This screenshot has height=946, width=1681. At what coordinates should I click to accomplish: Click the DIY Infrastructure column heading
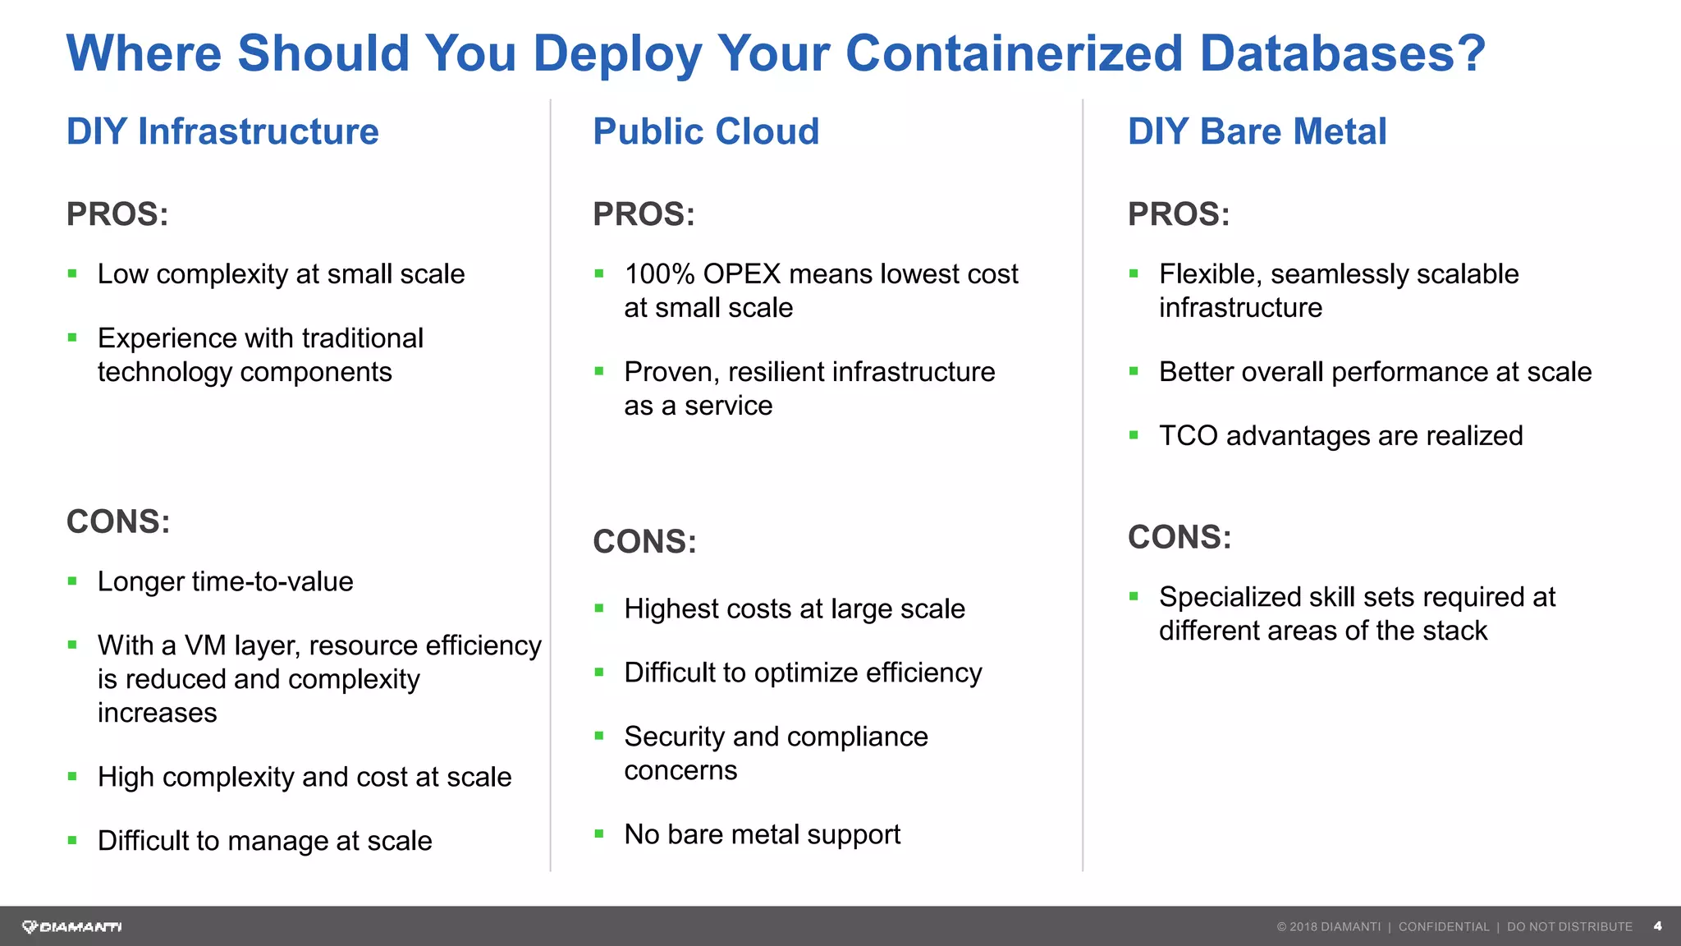pos(222,132)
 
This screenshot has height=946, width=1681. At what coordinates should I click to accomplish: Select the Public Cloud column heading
pos(706,132)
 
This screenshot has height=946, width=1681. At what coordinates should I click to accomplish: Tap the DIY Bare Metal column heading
pos(1257,132)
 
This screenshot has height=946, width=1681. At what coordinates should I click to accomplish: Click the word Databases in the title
pos(1342,53)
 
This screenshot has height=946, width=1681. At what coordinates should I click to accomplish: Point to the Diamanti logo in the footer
pos(72,927)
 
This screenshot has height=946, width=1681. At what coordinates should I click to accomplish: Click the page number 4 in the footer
pos(1657,926)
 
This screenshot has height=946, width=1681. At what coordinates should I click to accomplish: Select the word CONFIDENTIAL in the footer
pos(1443,927)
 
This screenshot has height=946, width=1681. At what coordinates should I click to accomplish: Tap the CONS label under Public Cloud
pos(644,542)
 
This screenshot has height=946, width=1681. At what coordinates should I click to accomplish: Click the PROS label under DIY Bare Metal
pos(1179,214)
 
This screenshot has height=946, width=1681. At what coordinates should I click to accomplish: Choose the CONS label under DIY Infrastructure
pos(118,522)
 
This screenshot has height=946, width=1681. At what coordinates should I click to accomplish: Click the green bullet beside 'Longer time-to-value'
pos(72,582)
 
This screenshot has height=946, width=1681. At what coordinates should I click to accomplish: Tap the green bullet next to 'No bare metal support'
pos(599,834)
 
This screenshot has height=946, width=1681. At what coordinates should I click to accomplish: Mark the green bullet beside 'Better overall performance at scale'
pos(1134,372)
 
